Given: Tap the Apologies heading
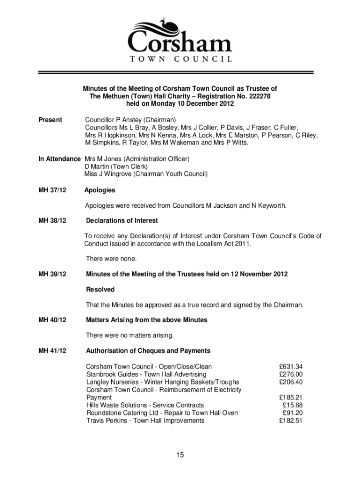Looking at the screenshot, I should click(x=100, y=190).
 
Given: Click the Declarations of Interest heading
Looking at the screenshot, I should click(x=122, y=220).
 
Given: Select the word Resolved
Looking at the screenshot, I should click(x=100, y=290).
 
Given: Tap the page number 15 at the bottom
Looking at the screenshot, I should click(x=180, y=454).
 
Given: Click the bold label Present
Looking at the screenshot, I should click(x=50, y=120).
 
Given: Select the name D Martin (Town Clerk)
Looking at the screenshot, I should click(x=116, y=167).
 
